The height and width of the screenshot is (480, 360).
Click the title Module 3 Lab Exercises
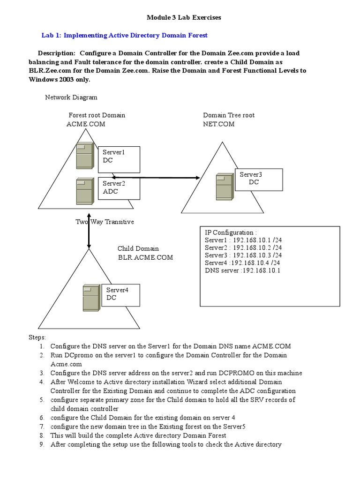184,18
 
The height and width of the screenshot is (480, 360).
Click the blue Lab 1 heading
125,35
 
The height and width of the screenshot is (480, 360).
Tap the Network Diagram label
71,97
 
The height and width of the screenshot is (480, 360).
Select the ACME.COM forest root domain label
86,124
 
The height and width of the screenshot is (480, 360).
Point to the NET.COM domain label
219,124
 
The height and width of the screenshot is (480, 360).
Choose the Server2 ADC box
118,187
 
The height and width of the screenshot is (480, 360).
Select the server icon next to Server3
224,187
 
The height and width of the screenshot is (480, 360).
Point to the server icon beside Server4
91,298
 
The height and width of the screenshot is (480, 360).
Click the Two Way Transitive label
105,222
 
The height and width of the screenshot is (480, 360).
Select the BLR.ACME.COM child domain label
145,257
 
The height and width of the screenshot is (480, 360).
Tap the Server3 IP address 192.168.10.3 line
243,255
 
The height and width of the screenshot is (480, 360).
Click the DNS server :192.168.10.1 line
242,270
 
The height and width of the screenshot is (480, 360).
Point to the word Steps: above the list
37,337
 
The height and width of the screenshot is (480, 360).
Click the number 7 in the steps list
42,426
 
